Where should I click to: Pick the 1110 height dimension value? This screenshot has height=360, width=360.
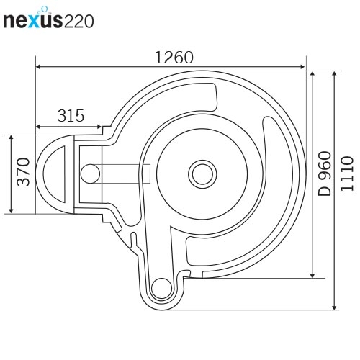(347, 173)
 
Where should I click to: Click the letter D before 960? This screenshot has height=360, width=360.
(325, 190)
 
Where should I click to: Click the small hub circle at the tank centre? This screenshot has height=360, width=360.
(201, 173)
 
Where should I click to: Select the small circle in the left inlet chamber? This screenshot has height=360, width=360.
(91, 173)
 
